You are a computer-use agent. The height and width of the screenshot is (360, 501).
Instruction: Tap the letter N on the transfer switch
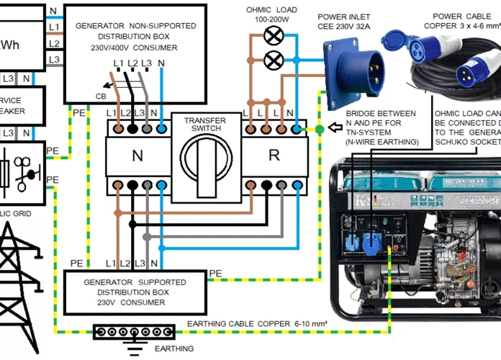pyautogui.click(x=137, y=155)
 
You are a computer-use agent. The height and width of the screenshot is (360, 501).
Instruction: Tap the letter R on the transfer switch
pyautogui.click(x=274, y=155)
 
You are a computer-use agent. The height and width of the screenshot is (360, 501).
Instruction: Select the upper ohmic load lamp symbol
pyautogui.click(x=273, y=35)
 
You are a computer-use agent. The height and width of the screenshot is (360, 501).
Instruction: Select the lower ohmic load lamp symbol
pyautogui.click(x=273, y=60)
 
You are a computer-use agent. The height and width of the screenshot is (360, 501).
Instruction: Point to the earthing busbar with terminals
pyautogui.click(x=135, y=332)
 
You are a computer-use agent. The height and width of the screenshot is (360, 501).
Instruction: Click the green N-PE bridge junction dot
pyautogui.click(x=319, y=130)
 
